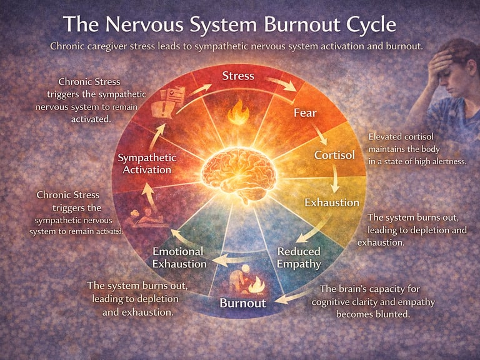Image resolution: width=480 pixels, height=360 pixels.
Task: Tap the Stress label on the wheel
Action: tap(238, 76)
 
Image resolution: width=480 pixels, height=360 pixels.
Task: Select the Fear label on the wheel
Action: tap(305, 113)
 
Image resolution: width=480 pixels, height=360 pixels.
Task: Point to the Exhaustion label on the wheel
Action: tap(331, 202)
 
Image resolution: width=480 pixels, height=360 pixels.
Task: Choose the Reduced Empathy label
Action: tap(299, 257)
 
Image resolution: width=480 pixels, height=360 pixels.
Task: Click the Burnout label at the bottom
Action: tap(242, 303)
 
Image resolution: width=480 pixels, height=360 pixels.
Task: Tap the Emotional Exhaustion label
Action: tap(179, 257)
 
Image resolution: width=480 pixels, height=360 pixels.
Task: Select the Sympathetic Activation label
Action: tap(147, 164)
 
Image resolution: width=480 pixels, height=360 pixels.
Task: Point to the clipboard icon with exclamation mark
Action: tap(174, 100)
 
